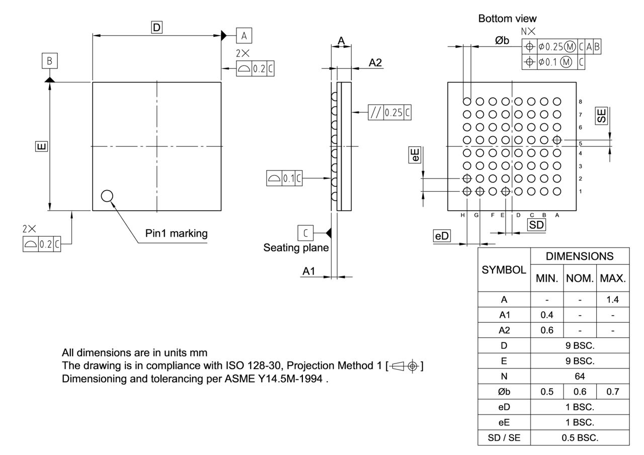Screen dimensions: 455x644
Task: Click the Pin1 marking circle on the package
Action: tap(107, 196)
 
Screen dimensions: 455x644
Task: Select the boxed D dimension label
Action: tap(157, 28)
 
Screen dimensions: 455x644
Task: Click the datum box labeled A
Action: tap(244, 36)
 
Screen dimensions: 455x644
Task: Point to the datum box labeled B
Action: tap(49, 61)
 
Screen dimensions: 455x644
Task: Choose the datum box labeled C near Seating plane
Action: tap(305, 233)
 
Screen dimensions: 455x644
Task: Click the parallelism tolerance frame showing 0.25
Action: tap(389, 112)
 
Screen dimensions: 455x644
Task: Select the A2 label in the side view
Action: tap(375, 62)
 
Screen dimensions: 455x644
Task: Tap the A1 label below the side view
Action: tap(308, 271)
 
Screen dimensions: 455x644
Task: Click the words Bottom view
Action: tap(507, 19)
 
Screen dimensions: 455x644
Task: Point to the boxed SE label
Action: tap(601, 116)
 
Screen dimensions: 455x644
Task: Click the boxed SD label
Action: tap(536, 225)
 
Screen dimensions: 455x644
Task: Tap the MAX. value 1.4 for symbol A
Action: tap(612, 300)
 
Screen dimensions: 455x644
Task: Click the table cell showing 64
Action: tap(580, 376)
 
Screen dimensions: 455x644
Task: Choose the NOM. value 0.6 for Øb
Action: tap(580, 392)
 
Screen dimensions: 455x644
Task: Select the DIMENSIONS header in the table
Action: tap(580, 256)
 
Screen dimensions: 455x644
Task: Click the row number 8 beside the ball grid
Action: tap(581, 102)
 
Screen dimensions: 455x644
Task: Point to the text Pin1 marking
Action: tap(176, 233)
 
